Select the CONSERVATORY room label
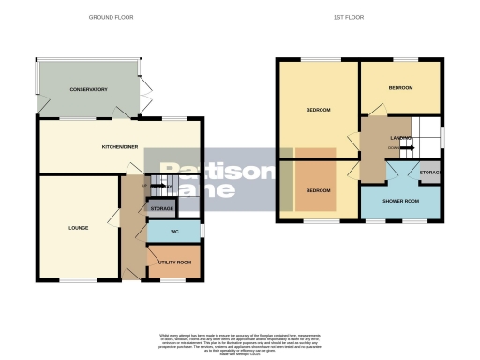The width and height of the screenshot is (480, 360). click(88, 90)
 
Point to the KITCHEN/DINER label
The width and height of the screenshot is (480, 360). click(121, 147)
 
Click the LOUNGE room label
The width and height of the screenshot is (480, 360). click(78, 227)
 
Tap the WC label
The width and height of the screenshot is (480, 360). click(174, 231)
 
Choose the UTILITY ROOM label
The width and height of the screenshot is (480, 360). click(174, 262)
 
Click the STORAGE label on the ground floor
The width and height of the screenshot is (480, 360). click(162, 207)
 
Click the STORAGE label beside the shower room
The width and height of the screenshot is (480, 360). click(430, 174)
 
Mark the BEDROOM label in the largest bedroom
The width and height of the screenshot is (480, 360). click(318, 110)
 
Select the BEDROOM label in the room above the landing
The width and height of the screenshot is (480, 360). click(400, 87)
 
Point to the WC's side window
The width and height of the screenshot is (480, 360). click(202, 231)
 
